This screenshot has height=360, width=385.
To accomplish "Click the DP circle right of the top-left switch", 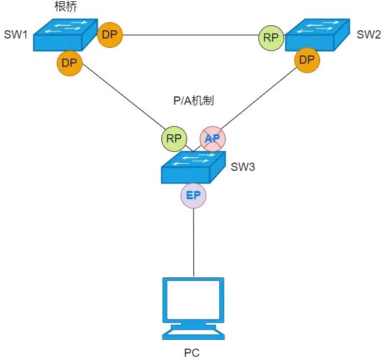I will (x=110, y=35).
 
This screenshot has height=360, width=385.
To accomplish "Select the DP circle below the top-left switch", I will (x=69, y=64).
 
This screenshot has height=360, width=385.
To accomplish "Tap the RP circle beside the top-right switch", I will (x=271, y=38).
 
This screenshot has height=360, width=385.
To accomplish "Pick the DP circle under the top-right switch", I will (x=307, y=61).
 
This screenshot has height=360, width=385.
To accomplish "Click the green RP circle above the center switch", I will (x=174, y=139).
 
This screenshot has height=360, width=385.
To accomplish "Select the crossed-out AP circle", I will (x=212, y=139).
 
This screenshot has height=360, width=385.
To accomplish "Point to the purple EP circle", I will (x=193, y=196).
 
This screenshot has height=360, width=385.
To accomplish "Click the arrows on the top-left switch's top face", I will (x=66, y=26).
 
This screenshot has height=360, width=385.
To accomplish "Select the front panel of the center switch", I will (x=185, y=175).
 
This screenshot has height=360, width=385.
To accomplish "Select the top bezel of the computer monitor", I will (x=193, y=280).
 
